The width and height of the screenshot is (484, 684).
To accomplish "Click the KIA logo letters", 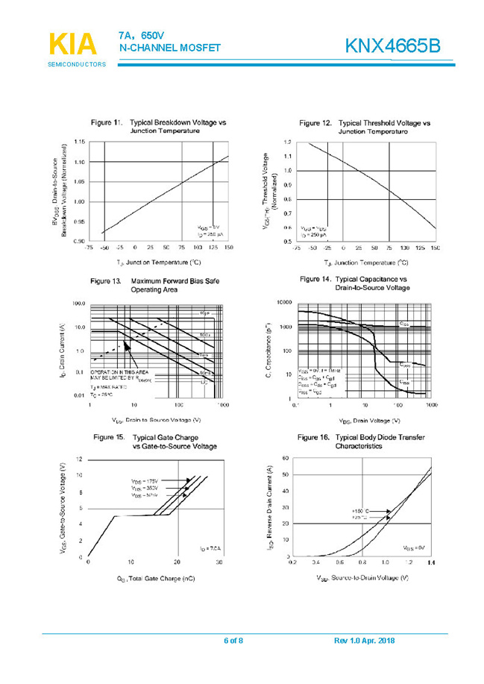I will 72,45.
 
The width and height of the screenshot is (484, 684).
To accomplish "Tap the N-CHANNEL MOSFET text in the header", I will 170,48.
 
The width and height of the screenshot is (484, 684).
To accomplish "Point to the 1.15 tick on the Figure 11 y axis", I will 80,142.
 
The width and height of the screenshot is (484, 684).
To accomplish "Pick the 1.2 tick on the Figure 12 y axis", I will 286,142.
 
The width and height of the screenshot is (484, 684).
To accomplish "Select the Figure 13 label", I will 105,281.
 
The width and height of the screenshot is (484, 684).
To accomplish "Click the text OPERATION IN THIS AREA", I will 119,371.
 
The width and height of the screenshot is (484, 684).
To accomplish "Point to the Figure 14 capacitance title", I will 372,283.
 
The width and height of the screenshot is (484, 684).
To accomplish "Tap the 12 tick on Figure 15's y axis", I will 80,459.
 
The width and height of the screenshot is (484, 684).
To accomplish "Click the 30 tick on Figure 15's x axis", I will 219,562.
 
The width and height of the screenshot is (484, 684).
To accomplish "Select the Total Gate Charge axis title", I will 156,579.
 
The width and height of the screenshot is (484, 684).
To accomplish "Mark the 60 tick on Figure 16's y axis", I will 286,458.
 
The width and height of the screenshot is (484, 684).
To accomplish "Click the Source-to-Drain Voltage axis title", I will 362,579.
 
